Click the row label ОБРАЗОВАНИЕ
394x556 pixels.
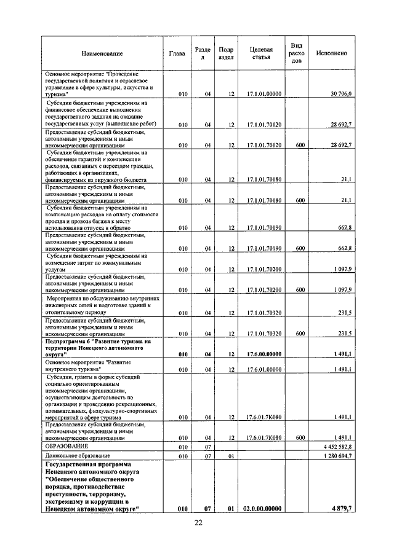pos(67,446)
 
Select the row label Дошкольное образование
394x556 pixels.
pos(77,456)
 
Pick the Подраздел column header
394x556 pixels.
pos(226,53)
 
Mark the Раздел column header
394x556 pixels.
pos(203,53)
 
